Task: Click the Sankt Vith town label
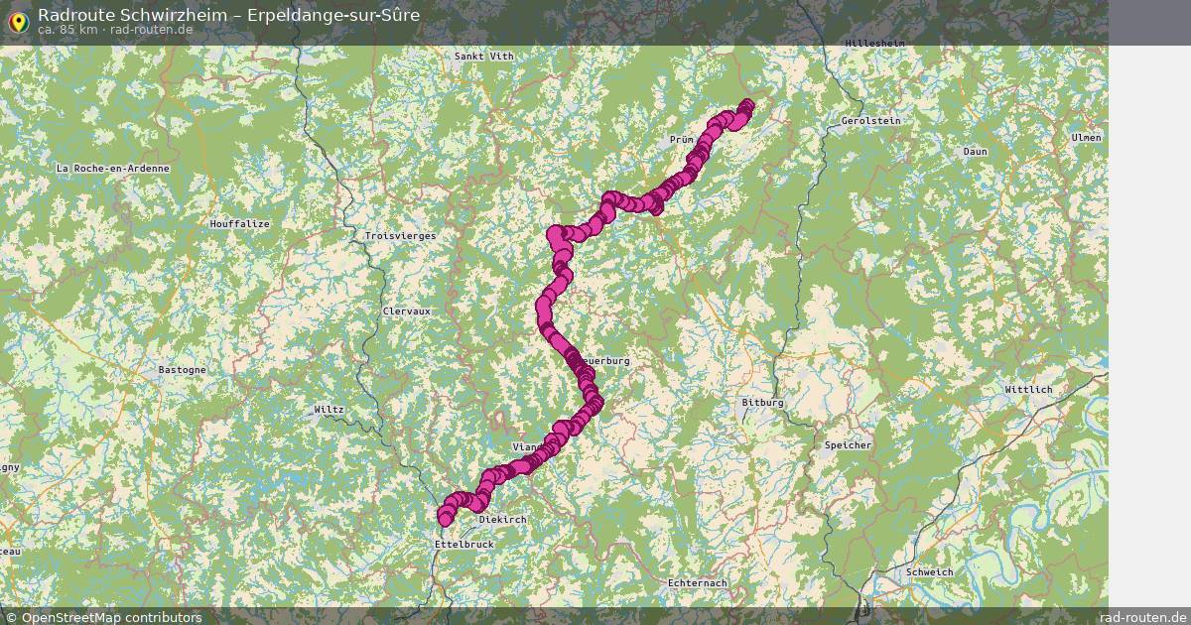[483, 57]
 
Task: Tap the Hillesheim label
[875, 44]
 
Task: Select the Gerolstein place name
[869, 121]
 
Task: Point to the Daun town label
[975, 152]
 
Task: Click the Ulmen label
[1086, 138]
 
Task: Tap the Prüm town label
[681, 140]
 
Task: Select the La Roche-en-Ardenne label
[113, 169]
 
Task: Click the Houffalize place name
[239, 224]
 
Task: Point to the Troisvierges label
[400, 236]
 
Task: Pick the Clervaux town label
[407, 312]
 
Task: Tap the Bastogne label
[183, 370]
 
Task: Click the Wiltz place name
[329, 410]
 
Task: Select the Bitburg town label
[762, 403]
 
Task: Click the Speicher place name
[848, 445]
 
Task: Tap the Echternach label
[698, 582]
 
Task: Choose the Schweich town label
[930, 572]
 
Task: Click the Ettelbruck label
[463, 545]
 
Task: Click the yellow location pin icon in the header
[18, 21]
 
